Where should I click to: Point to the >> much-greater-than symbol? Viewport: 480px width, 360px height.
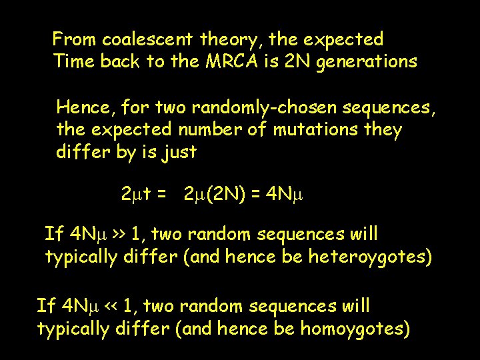pyautogui.click(x=119, y=235)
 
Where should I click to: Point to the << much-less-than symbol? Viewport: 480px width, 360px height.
pyautogui.click(x=111, y=307)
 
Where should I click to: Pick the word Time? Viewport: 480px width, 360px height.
pyautogui.click(x=74, y=62)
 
